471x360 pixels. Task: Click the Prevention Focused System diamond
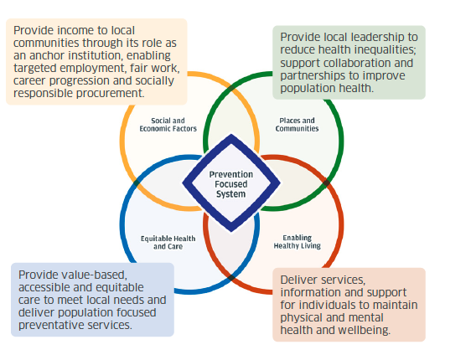pyautogui.click(x=231, y=183)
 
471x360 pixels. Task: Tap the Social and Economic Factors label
pyautogui.click(x=168, y=125)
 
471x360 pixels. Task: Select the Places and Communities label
pyautogui.click(x=297, y=125)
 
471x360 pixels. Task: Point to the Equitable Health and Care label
pyautogui.click(x=168, y=243)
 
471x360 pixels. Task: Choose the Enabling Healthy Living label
pyautogui.click(x=297, y=242)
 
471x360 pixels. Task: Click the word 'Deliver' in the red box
pyautogui.click(x=300, y=280)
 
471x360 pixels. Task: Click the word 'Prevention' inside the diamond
pyautogui.click(x=231, y=174)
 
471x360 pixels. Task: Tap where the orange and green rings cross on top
pyautogui.click(x=231, y=88)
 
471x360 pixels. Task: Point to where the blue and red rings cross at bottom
pyautogui.click(x=231, y=277)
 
